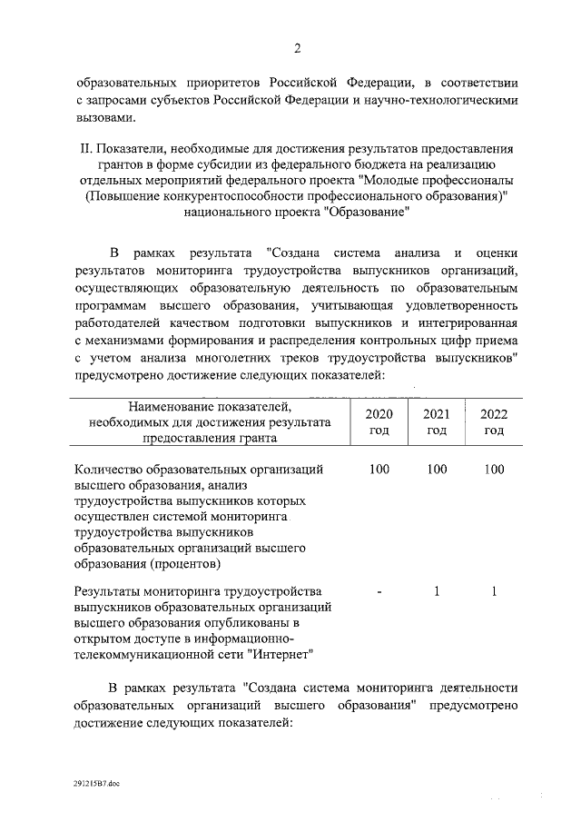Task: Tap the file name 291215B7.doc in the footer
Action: tap(98, 780)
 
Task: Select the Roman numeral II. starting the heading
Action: tap(84, 148)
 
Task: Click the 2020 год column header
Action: tap(379, 421)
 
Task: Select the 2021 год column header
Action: tap(437, 421)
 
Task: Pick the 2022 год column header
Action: tap(494, 421)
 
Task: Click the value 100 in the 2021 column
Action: tap(437, 470)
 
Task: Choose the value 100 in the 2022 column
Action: tap(494, 470)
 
